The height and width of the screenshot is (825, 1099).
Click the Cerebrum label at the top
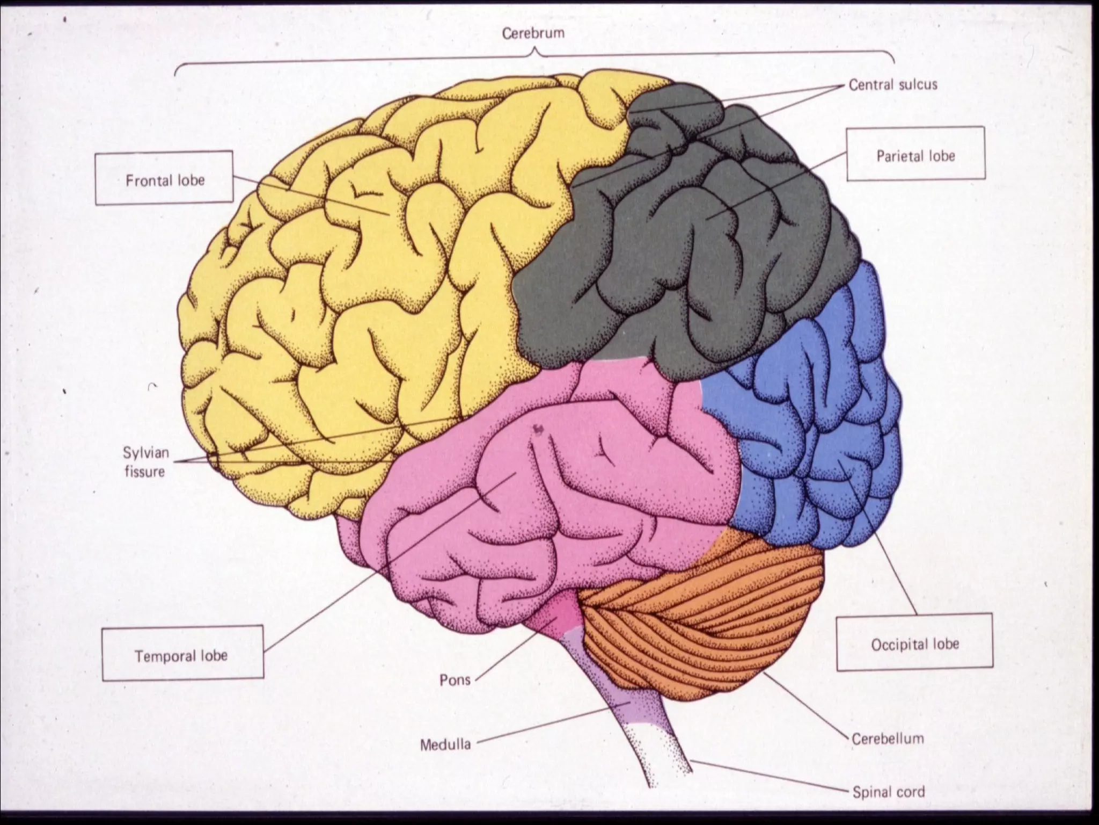coord(533,33)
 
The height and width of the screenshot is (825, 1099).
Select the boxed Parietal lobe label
coord(915,156)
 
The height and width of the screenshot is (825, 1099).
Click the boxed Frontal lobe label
coord(165,180)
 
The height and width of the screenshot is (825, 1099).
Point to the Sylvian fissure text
coord(145,462)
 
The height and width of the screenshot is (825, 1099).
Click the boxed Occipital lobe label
coord(915,644)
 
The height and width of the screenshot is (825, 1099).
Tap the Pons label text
coord(455,680)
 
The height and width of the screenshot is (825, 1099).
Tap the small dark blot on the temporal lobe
coord(538,428)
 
